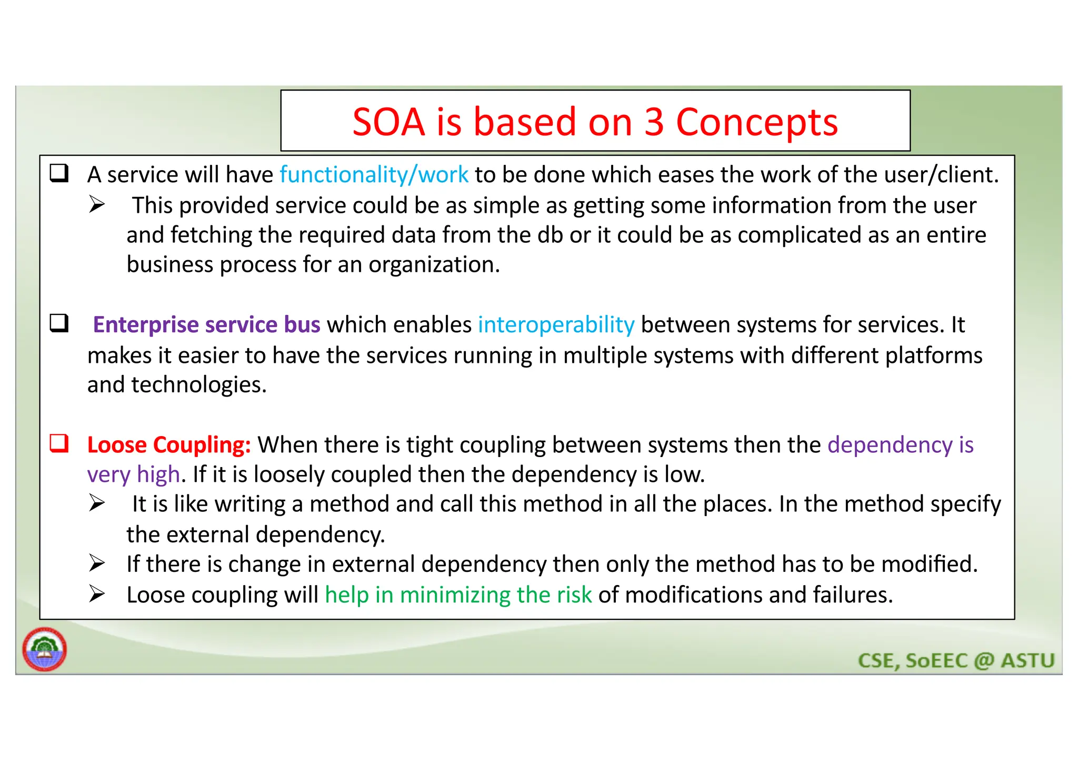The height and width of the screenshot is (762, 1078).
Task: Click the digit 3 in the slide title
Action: [654, 122]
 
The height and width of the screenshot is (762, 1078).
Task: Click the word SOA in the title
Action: [388, 122]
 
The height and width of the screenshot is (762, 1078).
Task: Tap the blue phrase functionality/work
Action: [374, 174]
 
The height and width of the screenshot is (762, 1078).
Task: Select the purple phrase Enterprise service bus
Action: [206, 324]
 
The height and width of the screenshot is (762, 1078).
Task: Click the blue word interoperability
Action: [556, 324]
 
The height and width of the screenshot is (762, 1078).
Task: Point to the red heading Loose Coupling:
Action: [168, 445]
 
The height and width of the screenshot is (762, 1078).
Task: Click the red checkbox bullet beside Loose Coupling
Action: [59, 443]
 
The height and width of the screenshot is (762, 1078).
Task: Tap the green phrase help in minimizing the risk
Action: [458, 595]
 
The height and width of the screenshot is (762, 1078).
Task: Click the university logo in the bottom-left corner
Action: [45, 649]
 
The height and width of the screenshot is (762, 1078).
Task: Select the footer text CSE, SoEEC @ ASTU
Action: [956, 660]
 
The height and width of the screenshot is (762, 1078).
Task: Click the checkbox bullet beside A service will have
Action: [59, 173]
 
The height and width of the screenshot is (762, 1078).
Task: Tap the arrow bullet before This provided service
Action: [97, 204]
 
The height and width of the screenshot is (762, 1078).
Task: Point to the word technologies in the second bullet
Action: [198, 385]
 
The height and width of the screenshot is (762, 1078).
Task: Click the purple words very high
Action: [133, 474]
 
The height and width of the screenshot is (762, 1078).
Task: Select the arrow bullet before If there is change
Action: [97, 563]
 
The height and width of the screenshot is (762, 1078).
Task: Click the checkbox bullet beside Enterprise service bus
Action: [59, 323]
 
